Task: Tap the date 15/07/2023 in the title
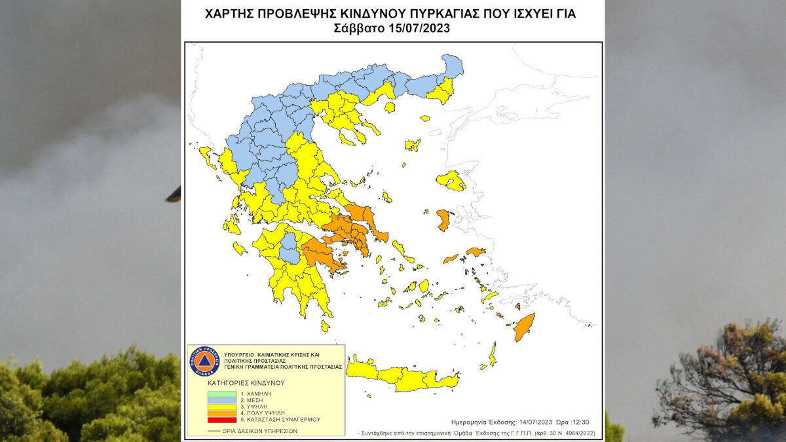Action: click(424, 29)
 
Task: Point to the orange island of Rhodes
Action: click(524, 327)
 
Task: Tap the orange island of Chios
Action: click(443, 219)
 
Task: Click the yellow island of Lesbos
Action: click(451, 180)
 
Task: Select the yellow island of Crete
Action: click(400, 377)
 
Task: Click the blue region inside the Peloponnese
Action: click(289, 248)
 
